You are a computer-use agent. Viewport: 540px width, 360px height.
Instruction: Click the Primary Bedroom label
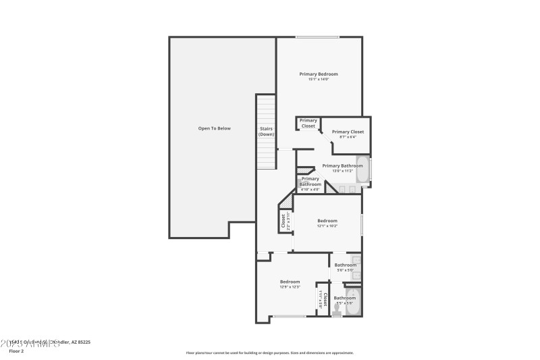point(319,74)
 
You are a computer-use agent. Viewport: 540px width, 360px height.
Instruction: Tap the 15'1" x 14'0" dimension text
point(319,80)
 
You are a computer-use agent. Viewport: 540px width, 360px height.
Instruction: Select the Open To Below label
point(214,128)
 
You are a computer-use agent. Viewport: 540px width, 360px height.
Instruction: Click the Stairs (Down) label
point(267,131)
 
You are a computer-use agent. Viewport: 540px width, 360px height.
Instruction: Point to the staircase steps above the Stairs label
point(267,108)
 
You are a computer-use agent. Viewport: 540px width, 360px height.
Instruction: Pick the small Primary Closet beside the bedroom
point(308,124)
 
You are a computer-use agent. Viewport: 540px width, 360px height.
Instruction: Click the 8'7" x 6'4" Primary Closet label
point(348,132)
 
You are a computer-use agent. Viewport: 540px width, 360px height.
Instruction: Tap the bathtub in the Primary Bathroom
point(363,171)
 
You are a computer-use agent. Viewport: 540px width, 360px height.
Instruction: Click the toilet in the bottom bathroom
point(337,313)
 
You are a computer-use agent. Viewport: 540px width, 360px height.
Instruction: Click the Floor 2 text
point(16,351)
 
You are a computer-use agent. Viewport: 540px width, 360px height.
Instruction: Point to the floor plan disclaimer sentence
point(269,353)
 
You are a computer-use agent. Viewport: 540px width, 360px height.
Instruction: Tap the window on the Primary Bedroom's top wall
point(317,37)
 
